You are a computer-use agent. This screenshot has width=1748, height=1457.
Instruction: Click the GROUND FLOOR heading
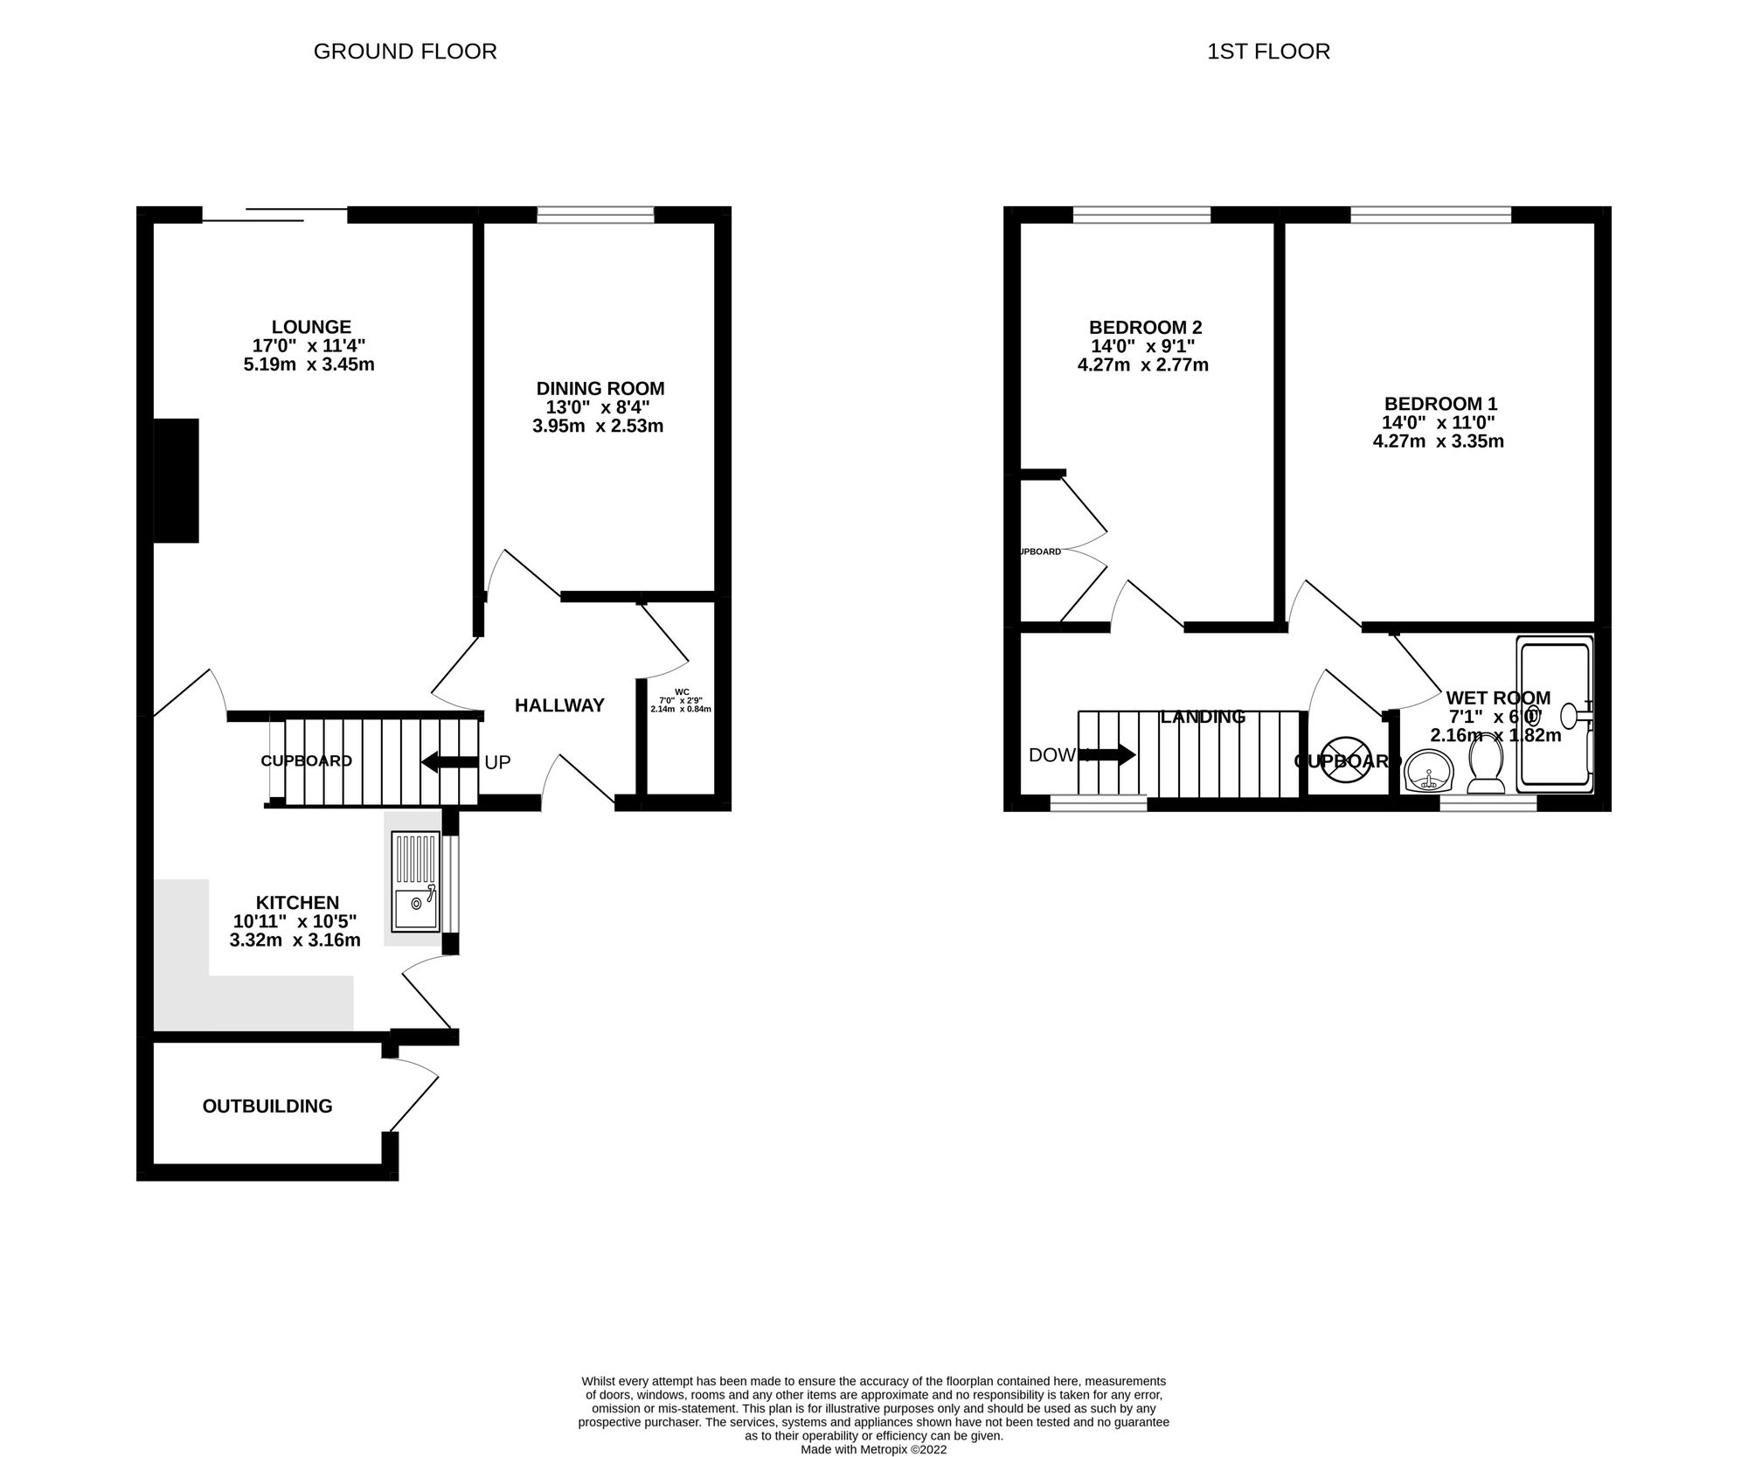(x=405, y=52)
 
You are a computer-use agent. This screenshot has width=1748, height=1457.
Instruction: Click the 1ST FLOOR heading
(x=1268, y=52)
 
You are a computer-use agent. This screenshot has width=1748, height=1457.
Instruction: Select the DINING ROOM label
(x=600, y=388)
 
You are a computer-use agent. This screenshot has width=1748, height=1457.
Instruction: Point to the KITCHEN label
(x=296, y=902)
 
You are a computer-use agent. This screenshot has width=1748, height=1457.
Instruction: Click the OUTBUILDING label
(x=267, y=1106)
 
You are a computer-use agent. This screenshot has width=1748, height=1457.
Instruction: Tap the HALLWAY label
(x=559, y=705)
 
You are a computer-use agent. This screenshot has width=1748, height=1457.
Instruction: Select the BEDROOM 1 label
(x=1440, y=404)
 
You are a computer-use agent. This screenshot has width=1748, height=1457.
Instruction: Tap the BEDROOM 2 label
(x=1145, y=327)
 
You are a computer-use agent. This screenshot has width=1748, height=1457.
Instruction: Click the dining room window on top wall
(x=595, y=214)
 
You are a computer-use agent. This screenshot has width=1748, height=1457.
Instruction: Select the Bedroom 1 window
(x=1431, y=214)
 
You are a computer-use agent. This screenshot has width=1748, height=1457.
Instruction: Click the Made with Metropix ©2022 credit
(x=873, y=1449)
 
